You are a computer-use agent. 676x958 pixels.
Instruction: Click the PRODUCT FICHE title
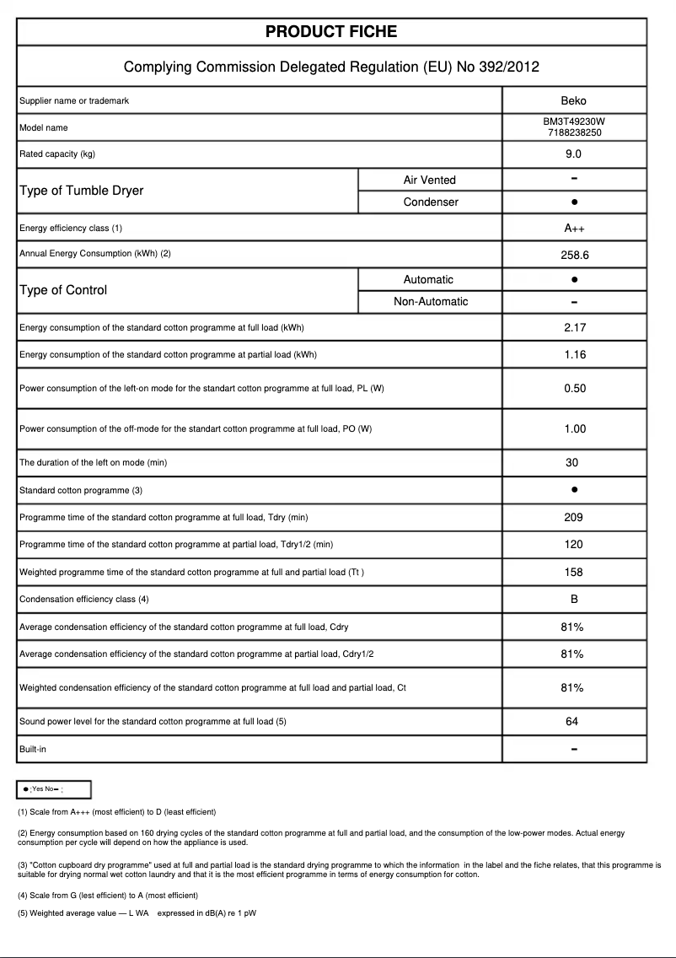(x=331, y=32)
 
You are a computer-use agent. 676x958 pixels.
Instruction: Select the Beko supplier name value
(x=573, y=101)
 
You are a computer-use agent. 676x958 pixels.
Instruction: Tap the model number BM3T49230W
(x=573, y=121)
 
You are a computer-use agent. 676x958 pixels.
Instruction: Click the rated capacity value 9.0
(x=573, y=154)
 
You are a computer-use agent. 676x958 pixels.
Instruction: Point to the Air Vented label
(x=429, y=180)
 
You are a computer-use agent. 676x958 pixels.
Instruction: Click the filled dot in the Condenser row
(x=574, y=202)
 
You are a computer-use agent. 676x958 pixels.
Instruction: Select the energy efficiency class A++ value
(x=573, y=229)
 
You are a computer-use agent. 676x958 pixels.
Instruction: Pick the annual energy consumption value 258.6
(x=573, y=254)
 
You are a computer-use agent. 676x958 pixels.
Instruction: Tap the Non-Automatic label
(x=431, y=302)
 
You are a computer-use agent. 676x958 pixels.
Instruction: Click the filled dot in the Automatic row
(x=574, y=279)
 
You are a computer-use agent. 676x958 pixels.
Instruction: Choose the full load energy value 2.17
(x=574, y=328)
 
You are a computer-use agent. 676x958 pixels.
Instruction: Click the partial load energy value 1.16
(x=574, y=355)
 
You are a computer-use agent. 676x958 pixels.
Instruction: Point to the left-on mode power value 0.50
(x=574, y=389)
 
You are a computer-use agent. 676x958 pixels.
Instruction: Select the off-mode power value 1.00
(x=574, y=429)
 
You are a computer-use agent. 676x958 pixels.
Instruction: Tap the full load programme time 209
(x=573, y=518)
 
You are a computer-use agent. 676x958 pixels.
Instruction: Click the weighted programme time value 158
(x=573, y=573)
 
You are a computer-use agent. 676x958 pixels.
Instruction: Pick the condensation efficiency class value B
(x=573, y=600)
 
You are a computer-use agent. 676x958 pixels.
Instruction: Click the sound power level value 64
(x=573, y=722)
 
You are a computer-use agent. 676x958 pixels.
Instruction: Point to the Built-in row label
(x=33, y=749)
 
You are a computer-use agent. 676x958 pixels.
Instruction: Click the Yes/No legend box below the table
(x=54, y=789)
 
